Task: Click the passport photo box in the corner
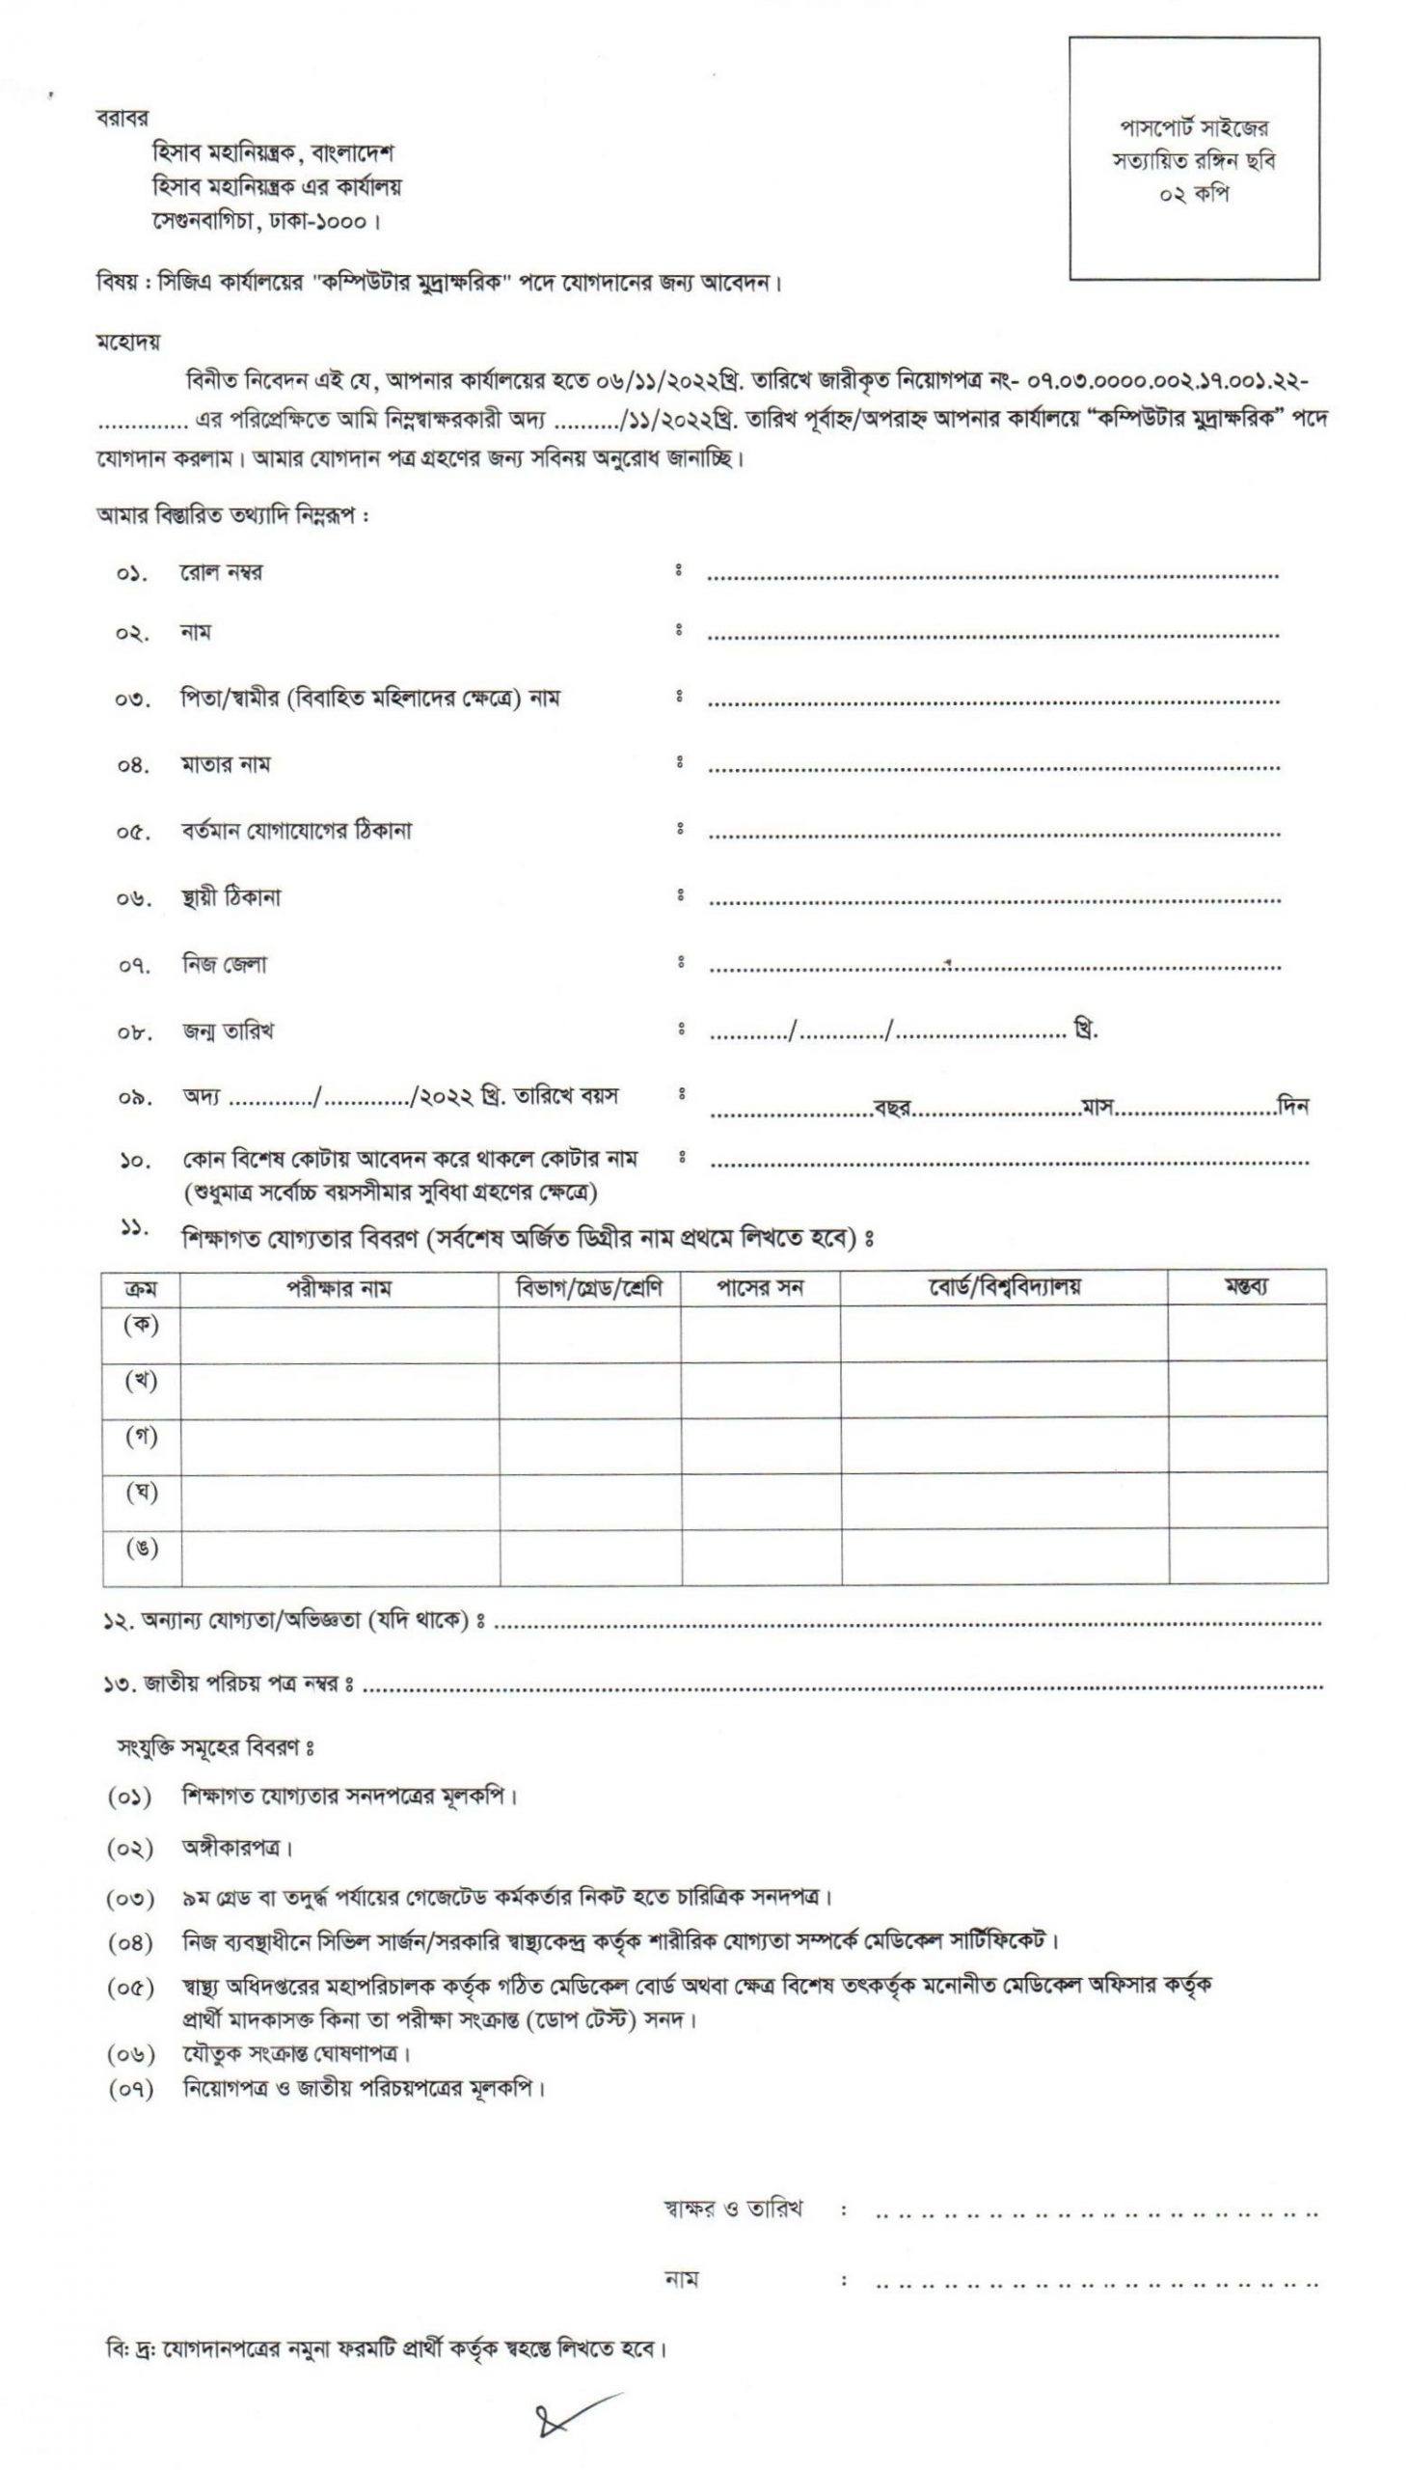1193,159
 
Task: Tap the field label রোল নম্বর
221,572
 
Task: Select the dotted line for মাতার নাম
993,768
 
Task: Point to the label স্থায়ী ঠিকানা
231,897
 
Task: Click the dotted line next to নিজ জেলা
993,967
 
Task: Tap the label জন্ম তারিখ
228,1031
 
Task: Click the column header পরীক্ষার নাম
339,1288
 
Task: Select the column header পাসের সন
760,1288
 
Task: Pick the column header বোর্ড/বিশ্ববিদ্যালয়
1004,1287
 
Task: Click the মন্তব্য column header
1246,1287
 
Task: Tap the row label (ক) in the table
142,1325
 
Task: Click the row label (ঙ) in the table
142,1548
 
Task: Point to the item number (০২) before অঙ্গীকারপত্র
130,1848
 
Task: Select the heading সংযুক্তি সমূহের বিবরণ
215,1749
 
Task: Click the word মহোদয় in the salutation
127,342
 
